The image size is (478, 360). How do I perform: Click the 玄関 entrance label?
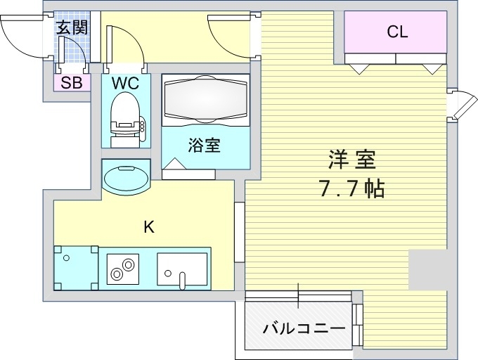(x=72, y=27)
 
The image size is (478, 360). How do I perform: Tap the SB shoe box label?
(x=72, y=82)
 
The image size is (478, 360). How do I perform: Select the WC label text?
(x=125, y=82)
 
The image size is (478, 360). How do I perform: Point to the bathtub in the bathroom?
(x=205, y=100)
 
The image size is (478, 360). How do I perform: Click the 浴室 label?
(x=204, y=145)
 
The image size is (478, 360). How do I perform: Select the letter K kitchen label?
(x=149, y=227)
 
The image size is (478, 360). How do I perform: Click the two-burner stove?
(x=123, y=269)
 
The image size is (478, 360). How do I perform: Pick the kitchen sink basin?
(x=182, y=269)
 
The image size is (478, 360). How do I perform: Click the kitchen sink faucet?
(x=182, y=281)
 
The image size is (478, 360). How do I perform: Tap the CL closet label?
(x=398, y=32)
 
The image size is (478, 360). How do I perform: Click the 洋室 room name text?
(x=351, y=160)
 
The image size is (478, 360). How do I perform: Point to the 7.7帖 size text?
(x=351, y=188)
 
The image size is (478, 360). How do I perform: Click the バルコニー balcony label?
(x=304, y=328)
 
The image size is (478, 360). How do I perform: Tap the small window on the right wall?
(x=462, y=104)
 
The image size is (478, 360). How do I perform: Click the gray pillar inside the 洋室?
(x=427, y=270)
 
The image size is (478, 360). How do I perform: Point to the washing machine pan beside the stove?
(x=76, y=268)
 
